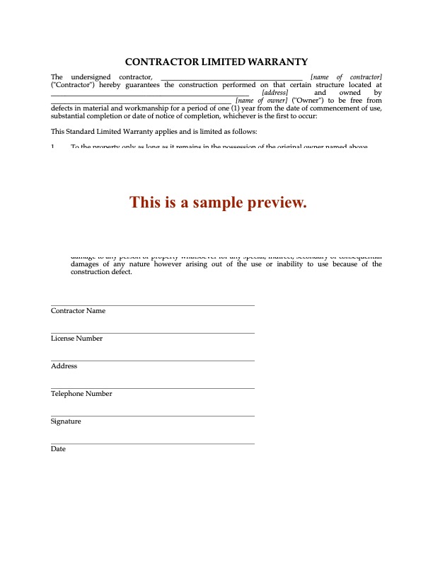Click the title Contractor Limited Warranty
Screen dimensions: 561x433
(x=216, y=62)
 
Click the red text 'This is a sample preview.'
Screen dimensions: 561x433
(x=218, y=203)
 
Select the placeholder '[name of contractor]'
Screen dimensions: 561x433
(x=347, y=76)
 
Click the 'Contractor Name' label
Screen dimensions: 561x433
(x=78, y=311)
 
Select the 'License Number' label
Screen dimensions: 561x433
(x=76, y=339)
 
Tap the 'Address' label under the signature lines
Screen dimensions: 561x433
(x=64, y=366)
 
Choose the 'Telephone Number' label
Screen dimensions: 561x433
(x=81, y=394)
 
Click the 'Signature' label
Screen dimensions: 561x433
(x=66, y=421)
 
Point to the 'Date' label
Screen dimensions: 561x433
(x=58, y=449)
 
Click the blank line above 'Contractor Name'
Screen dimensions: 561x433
(x=152, y=305)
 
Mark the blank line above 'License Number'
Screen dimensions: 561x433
(x=152, y=333)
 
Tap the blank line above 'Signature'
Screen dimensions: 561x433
(x=152, y=416)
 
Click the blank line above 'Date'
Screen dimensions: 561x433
(x=152, y=443)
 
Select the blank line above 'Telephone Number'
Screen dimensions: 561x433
(x=152, y=388)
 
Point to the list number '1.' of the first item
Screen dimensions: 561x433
(x=54, y=147)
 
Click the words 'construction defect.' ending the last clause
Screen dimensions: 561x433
(x=101, y=272)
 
